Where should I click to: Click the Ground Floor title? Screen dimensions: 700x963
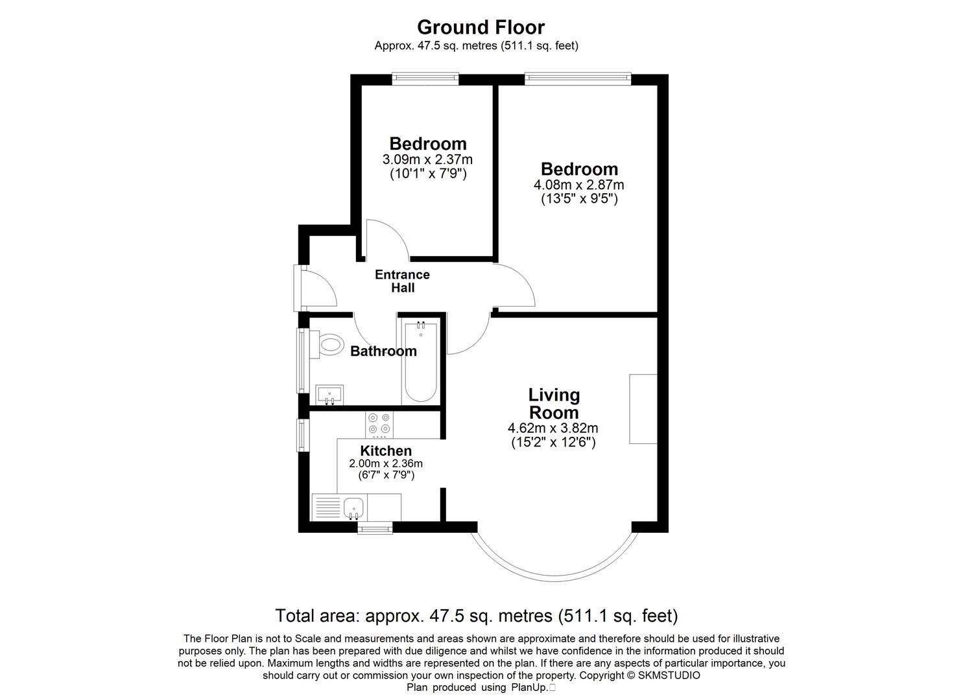(x=481, y=27)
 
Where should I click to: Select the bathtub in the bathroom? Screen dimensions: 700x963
(x=420, y=362)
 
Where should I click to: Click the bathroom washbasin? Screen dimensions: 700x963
(x=330, y=394)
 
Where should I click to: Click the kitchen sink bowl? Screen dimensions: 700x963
(x=353, y=507)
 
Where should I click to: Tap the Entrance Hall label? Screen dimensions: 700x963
(x=402, y=281)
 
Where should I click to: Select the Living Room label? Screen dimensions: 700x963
(x=554, y=403)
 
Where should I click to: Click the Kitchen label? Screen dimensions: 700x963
(x=386, y=450)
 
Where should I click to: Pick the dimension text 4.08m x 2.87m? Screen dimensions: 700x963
(x=578, y=185)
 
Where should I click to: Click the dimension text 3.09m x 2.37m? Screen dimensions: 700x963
(x=427, y=159)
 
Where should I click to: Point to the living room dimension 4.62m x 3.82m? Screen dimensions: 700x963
(x=553, y=428)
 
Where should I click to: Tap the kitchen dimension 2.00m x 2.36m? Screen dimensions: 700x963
(x=386, y=463)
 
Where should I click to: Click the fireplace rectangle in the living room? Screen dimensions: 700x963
(x=643, y=409)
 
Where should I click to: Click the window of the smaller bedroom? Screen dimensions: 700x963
(x=425, y=79)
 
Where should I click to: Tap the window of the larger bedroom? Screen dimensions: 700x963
(x=578, y=79)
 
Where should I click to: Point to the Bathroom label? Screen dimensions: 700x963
(x=383, y=351)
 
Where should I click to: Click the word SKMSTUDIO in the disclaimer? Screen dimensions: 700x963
(x=669, y=675)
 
